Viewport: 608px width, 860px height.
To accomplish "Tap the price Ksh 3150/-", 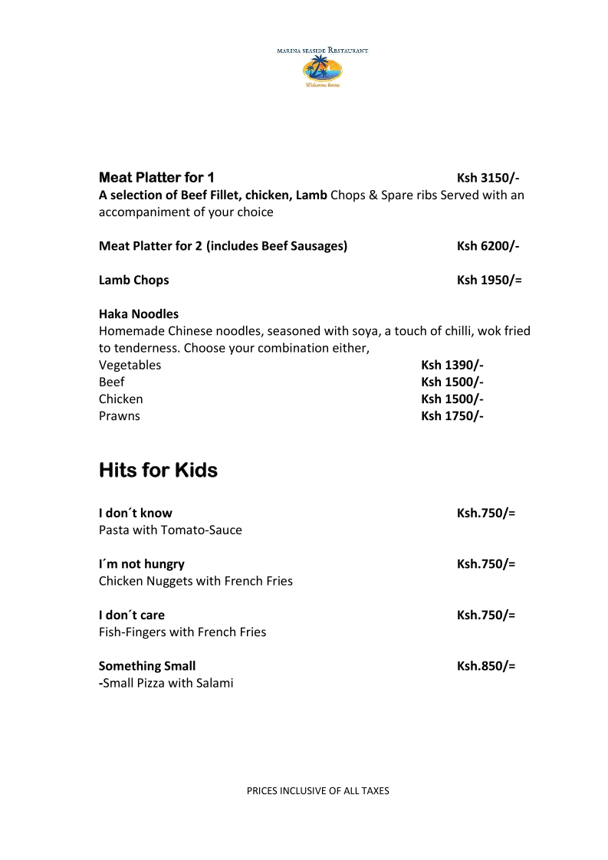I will [x=488, y=178].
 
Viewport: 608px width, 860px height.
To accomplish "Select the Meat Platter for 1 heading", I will [x=156, y=178].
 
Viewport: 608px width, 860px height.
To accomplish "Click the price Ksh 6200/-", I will [x=488, y=246].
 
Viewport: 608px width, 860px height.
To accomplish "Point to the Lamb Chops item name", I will [x=133, y=280].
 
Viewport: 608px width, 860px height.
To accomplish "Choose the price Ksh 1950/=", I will [x=489, y=280].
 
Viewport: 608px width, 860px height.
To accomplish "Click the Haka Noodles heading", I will [x=139, y=314].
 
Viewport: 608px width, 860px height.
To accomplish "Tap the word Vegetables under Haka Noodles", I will [x=130, y=365].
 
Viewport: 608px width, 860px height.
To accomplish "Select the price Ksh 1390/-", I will [x=452, y=365].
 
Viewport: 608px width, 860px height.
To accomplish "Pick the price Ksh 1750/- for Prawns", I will [x=452, y=416].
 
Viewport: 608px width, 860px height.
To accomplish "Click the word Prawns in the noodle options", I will [x=120, y=416].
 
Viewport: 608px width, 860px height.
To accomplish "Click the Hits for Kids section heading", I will [x=158, y=470].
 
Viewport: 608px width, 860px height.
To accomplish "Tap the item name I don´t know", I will [x=136, y=513].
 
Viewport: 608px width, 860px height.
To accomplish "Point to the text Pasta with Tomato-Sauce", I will [x=170, y=530].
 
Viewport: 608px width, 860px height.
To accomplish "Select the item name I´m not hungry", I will [x=142, y=564].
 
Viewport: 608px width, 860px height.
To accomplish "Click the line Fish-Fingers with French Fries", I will [x=182, y=632].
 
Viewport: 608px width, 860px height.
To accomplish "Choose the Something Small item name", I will [x=147, y=666].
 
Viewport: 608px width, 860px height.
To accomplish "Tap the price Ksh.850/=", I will [x=486, y=666].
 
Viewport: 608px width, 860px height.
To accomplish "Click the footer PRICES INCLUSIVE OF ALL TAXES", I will [x=317, y=790].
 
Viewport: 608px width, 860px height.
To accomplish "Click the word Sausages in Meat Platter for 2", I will [x=317, y=246].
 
